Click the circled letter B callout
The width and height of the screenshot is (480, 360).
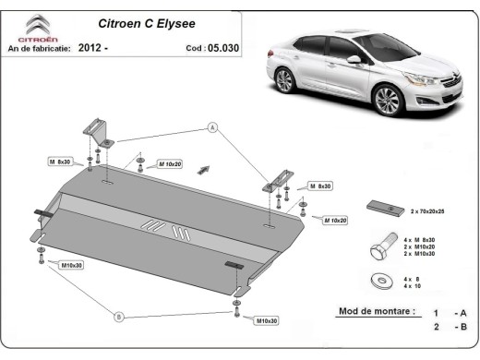click(118, 317)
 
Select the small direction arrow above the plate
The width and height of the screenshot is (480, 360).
click(205, 167)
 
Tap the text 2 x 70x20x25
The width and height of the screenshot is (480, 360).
click(430, 211)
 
